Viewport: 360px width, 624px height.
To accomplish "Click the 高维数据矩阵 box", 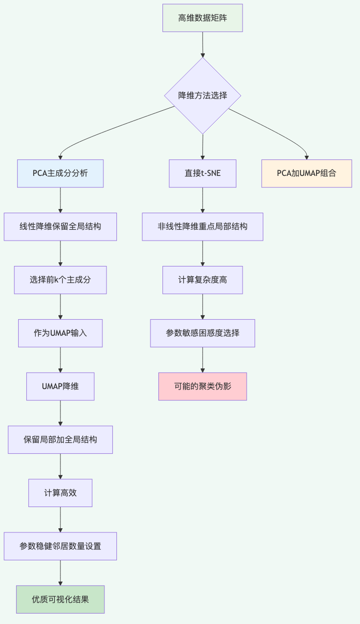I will (202, 18).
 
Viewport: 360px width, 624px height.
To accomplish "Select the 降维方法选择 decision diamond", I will (202, 96).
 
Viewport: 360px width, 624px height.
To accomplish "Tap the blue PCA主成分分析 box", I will (61, 173).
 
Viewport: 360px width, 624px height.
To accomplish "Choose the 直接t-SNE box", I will (202, 173).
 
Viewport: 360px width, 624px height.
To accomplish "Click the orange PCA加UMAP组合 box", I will (307, 173).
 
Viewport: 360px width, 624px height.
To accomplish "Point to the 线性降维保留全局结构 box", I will (61, 227).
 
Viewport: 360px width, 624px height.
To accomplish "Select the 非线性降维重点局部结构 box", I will (202, 227).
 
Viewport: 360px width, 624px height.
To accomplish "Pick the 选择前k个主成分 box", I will (61, 280).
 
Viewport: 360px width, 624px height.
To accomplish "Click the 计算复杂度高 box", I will (202, 280).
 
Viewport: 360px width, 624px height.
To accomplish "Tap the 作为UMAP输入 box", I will (61, 333).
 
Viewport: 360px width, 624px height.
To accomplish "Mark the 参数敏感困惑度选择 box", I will (202, 333).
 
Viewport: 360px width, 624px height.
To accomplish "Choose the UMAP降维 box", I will (61, 387).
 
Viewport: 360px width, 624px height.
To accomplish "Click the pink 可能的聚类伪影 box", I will (202, 387).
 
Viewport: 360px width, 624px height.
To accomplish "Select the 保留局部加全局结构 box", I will (61, 440).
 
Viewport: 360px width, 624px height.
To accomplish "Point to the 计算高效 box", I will (61, 493).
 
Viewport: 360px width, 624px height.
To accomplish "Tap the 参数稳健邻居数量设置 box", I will (61, 546).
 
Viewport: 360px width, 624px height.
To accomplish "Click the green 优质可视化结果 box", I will (61, 600).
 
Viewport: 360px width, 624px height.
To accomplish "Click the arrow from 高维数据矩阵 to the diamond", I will (202, 44).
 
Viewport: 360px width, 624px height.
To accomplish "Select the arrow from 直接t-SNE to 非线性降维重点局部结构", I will (202, 200).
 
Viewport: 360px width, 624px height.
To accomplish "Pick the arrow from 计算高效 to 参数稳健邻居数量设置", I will (61, 519).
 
